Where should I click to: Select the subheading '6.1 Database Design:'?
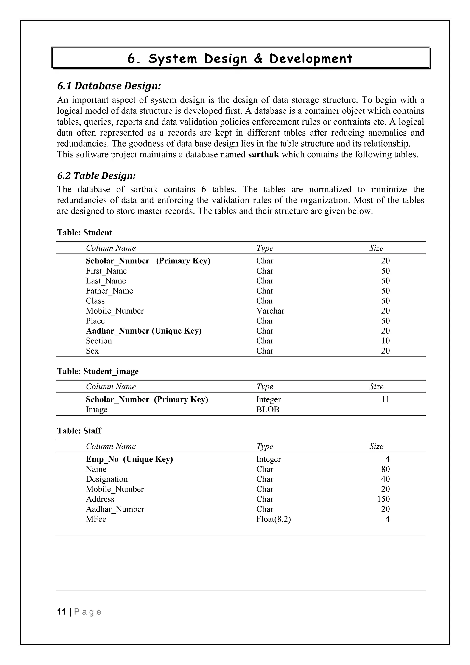pos(109,86)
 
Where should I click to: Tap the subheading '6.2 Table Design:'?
pos(96,175)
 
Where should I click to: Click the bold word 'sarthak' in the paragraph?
pos(263,154)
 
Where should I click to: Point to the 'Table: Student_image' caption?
pos(98,371)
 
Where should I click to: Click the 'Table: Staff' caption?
pos(79,431)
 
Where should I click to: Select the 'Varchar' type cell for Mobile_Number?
pos(270,311)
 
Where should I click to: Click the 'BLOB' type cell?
pos(268,410)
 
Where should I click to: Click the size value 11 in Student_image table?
pos(385,399)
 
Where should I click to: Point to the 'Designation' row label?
pos(106,479)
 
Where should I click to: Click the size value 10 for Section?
pos(385,341)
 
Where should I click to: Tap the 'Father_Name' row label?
pos(109,291)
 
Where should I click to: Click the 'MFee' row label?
pos(96,519)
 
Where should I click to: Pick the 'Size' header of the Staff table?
pos(376,446)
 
